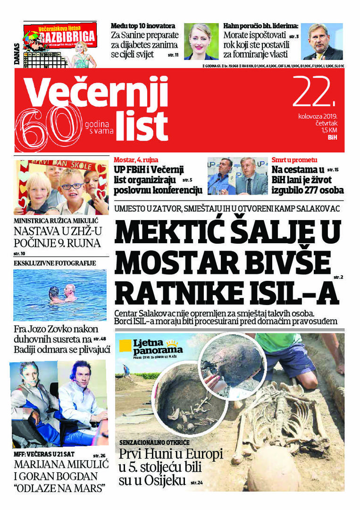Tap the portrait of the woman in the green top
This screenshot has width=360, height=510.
201,41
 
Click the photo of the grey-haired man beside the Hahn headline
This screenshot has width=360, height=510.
322,41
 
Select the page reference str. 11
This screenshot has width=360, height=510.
172,55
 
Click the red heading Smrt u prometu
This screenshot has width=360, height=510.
294,160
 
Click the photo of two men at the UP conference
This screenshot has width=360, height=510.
238,176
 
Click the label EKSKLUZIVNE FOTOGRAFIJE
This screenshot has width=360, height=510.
55,263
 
